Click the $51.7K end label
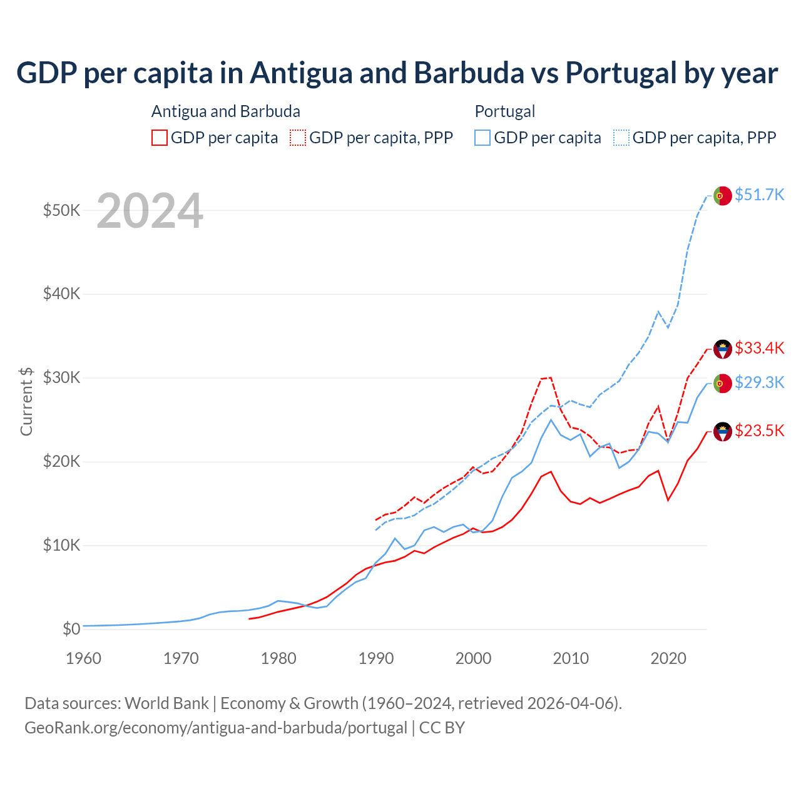[759, 195]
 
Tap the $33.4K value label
[759, 348]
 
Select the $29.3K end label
[759, 382]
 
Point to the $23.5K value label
[759, 431]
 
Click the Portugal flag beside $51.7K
[723, 196]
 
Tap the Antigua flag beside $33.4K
[723, 349]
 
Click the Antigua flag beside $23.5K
[723, 432]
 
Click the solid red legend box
[160, 138]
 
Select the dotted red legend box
[298, 138]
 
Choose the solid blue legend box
[482, 138]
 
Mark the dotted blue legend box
[621, 138]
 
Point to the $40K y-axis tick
[61, 293]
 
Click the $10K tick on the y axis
[61, 545]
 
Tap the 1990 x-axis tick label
[376, 658]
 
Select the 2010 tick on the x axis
[571, 658]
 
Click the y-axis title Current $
[26, 401]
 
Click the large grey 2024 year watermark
[150, 211]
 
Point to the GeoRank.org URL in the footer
[216, 728]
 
